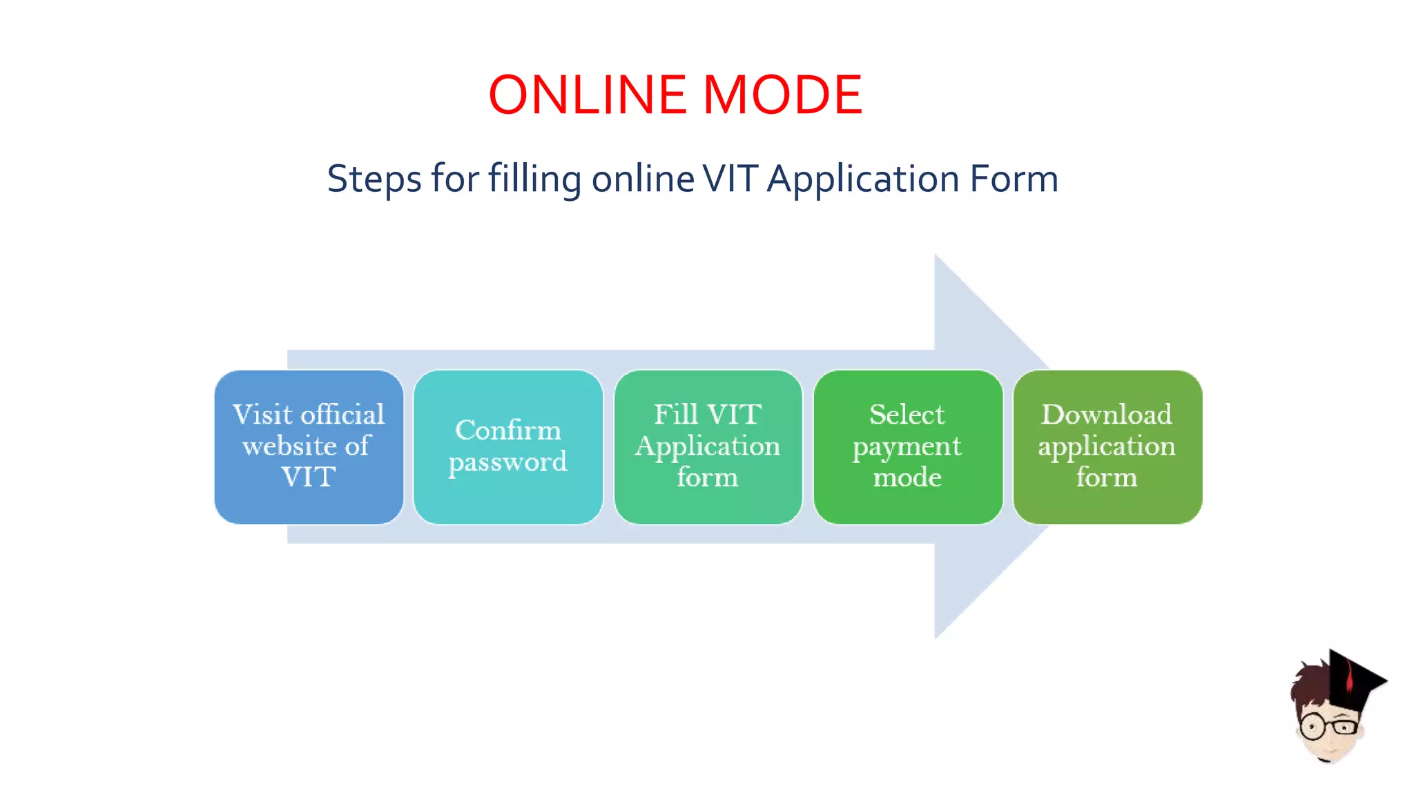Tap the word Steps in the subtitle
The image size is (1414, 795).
click(x=374, y=179)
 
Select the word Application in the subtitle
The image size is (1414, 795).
click(x=863, y=179)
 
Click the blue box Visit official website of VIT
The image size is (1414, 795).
click(x=309, y=446)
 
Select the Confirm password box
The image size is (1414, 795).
click(x=508, y=446)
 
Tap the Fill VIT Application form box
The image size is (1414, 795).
click(x=708, y=446)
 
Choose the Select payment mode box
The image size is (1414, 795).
click(x=907, y=446)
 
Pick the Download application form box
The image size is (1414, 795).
click(x=1107, y=446)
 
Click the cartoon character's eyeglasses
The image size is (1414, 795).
click(x=1329, y=727)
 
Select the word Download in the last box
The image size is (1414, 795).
click(x=1106, y=415)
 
